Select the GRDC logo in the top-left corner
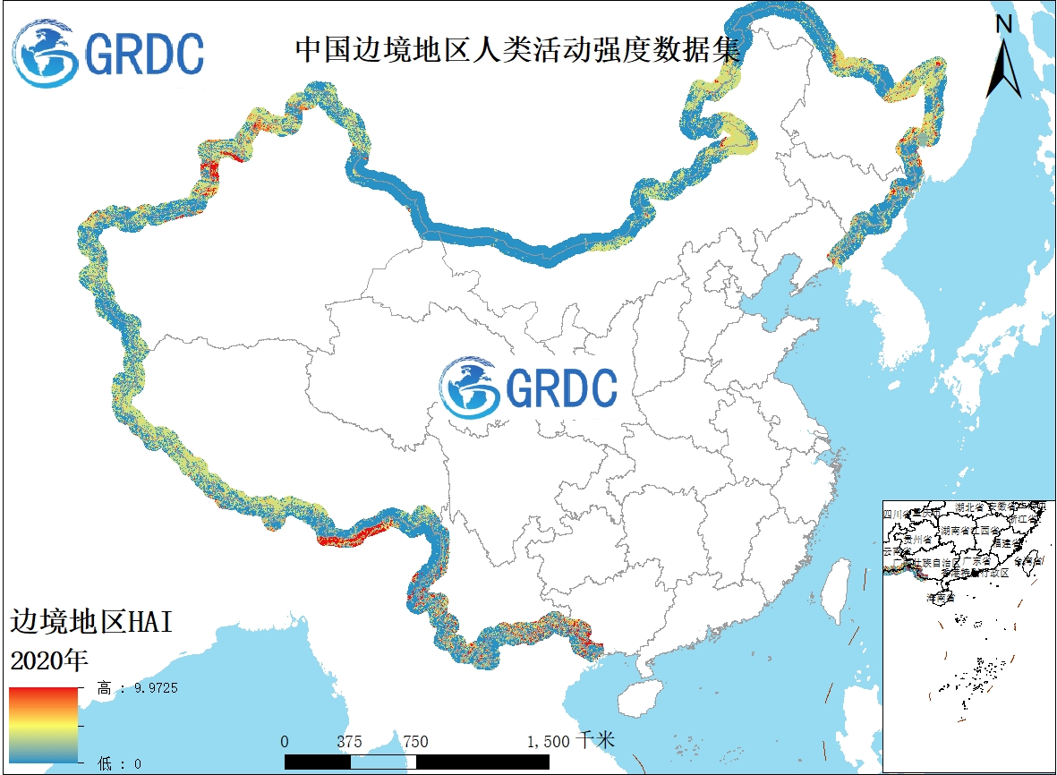tap(108, 54)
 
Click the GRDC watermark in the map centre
tap(529, 388)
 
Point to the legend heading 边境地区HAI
tap(90, 623)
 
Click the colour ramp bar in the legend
tap(44, 724)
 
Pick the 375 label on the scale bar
tap(350, 742)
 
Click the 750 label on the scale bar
tap(415, 742)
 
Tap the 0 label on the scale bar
tap(285, 742)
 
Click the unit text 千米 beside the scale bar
tap(596, 741)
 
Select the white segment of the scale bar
tap(383, 761)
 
